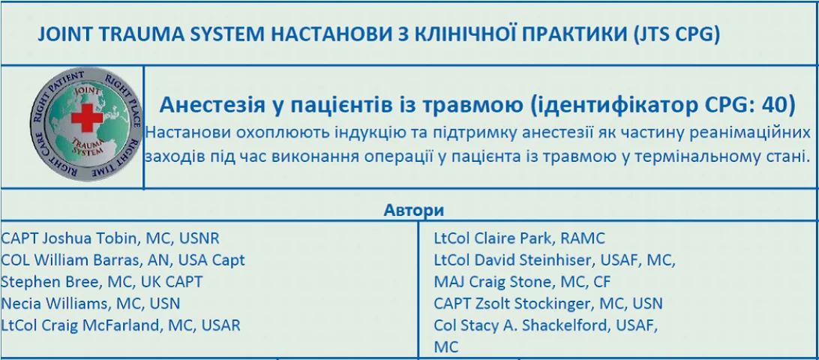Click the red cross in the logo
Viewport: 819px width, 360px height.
point(87,118)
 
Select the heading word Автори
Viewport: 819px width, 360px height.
point(414,210)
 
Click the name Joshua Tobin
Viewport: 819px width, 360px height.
point(90,238)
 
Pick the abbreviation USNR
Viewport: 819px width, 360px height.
point(199,238)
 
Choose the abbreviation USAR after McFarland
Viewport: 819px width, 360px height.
point(220,325)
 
